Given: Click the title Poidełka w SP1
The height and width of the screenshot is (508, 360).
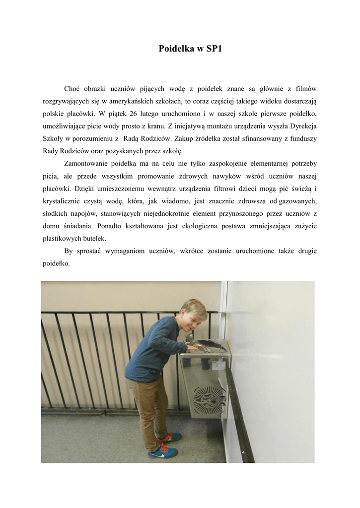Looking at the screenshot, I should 187,49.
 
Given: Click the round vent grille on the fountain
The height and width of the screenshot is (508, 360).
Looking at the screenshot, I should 209,397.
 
